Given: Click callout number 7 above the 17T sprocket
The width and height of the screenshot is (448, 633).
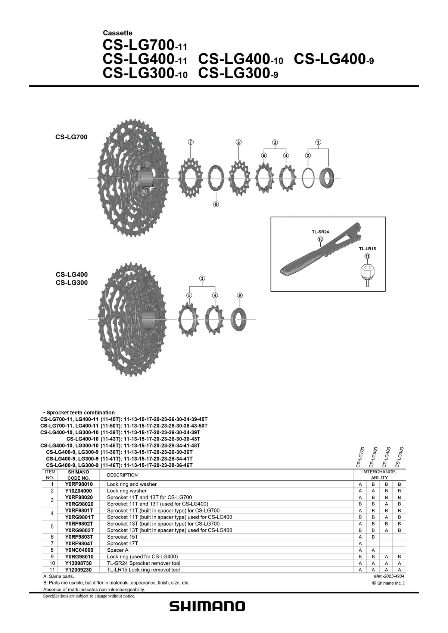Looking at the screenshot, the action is tap(191, 142).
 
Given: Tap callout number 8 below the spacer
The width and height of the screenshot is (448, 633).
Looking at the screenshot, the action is tap(216, 204).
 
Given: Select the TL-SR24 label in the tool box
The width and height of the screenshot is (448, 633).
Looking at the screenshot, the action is tap(320, 232).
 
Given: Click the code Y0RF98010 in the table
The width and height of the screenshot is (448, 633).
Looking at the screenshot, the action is tap(79, 484).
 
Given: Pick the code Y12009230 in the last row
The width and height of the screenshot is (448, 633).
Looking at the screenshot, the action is tap(78, 570).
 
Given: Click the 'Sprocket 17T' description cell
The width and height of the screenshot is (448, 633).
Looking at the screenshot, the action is tap(122, 543).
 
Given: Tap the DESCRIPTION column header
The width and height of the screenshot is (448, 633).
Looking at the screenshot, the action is tap(122, 475).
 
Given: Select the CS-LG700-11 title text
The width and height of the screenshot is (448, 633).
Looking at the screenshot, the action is tap(145, 45).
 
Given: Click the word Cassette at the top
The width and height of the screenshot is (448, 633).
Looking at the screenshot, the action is tap(118, 33).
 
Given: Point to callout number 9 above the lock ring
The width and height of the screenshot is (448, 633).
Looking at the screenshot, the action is tap(240, 295).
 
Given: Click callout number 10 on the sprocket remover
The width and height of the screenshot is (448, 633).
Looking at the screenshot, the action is tap(320, 239).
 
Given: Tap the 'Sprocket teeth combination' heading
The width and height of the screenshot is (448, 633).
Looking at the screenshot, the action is tap(81, 413).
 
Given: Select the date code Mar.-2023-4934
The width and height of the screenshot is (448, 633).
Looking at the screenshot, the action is tap(389, 576).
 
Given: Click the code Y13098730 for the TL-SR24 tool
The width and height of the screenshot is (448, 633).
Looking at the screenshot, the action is tap(78, 563).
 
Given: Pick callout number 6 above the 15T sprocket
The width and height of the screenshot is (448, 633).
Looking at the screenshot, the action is tap(239, 142).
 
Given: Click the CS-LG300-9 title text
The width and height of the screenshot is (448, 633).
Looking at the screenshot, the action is tap(238, 73).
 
